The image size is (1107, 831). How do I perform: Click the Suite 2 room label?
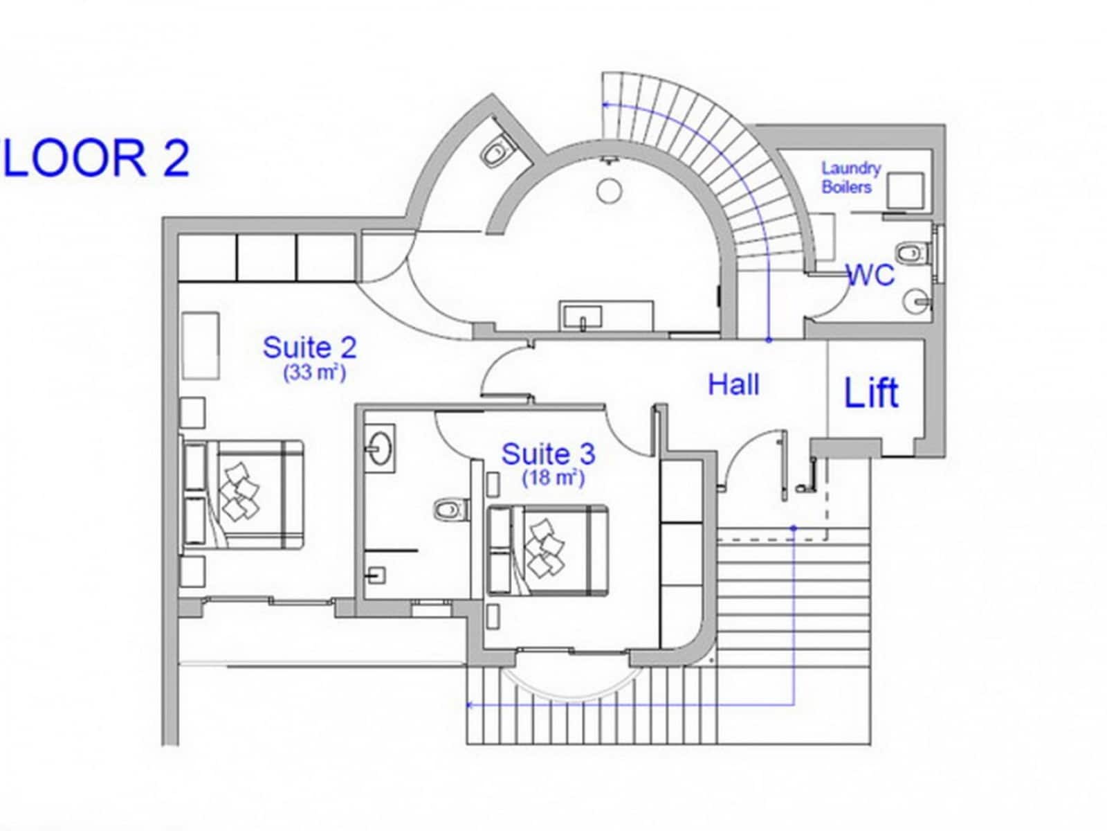tap(309, 347)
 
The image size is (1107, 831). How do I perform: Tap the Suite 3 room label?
tap(547, 454)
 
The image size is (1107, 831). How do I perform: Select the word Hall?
tap(733, 384)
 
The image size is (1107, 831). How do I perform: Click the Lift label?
tap(871, 393)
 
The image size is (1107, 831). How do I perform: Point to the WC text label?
tap(871, 275)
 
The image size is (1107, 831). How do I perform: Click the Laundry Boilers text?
tap(850, 177)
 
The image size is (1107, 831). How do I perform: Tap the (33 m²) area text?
tap(314, 373)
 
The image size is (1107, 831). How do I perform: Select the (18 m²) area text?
tap(553, 478)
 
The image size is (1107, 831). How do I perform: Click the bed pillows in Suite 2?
tap(237, 491)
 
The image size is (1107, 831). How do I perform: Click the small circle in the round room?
tap(610, 190)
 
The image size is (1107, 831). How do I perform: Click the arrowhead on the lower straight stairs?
tap(470, 706)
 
